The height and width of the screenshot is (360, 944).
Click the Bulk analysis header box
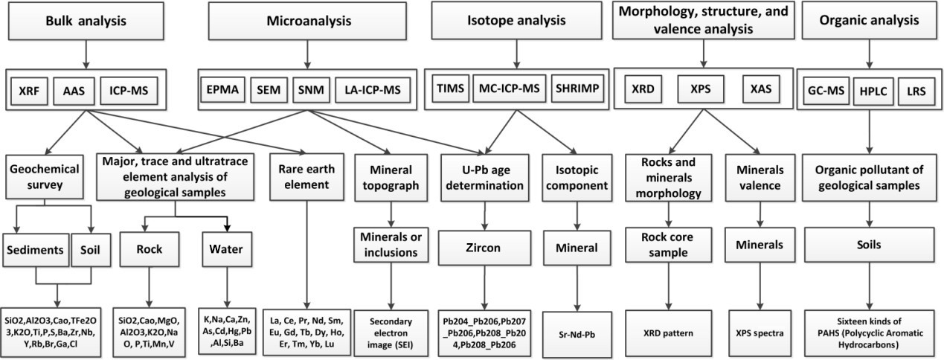pos(86,20)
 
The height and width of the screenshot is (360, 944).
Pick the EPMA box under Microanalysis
pos(222,90)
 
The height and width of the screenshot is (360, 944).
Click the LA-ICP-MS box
pos(373,90)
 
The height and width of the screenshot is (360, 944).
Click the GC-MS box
pos(824,90)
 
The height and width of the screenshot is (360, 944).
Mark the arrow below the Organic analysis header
pos(870,53)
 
